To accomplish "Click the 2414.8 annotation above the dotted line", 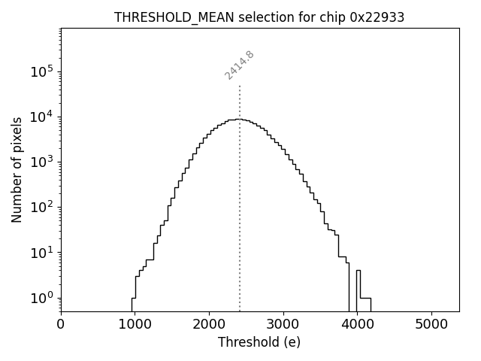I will pyautogui.click(x=240, y=65).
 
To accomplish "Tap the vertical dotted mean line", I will pyautogui.click(x=240, y=226).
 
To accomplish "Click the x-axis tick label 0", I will pyautogui.click(x=61, y=324).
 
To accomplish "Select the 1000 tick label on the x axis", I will pyautogui.click(x=135, y=324).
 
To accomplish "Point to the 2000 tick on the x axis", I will pyautogui.click(x=209, y=324).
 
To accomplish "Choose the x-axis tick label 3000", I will pyautogui.click(x=283, y=324).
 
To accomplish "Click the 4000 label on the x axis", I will pyautogui.click(x=357, y=324).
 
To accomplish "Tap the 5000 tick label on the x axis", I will pyautogui.click(x=431, y=324).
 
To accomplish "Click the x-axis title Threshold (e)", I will pyautogui.click(x=259, y=342).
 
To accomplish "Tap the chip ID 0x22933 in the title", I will pyautogui.click(x=377, y=17).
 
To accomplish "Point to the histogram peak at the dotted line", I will pyautogui.click(x=239, y=119).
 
